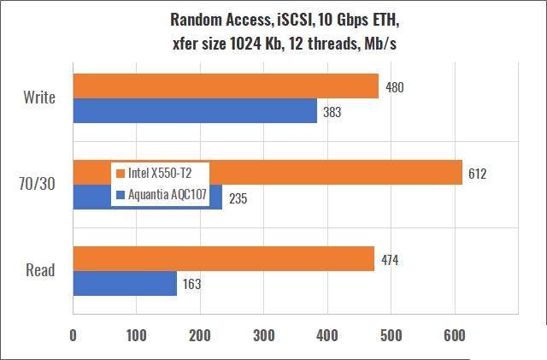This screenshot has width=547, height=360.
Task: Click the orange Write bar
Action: click(x=226, y=86)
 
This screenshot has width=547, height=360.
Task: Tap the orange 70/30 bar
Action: click(x=342, y=172)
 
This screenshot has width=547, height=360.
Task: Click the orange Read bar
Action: click(x=224, y=258)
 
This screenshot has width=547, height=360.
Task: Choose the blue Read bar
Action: click(x=125, y=284)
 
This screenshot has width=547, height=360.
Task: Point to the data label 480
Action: click(x=395, y=87)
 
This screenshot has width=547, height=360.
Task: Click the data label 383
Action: click(x=333, y=112)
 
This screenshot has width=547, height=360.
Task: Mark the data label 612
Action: click(x=478, y=174)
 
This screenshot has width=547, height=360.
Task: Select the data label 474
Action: click(x=390, y=259)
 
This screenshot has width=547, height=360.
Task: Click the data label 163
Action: click(x=193, y=285)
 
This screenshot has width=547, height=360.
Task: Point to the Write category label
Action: click(x=39, y=97)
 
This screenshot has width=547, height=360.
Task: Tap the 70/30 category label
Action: click(x=38, y=184)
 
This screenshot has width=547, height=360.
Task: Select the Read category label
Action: click(x=40, y=271)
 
